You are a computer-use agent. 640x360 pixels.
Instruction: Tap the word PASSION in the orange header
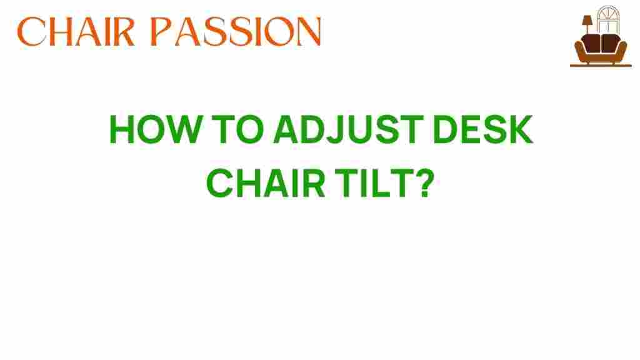click(x=243, y=31)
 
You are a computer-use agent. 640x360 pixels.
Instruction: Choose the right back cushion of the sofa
click(x=609, y=42)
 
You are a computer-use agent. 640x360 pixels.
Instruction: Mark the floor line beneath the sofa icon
click(x=601, y=66)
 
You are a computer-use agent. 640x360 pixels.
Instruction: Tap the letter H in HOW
click(x=123, y=131)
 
